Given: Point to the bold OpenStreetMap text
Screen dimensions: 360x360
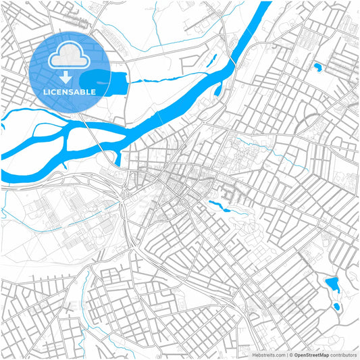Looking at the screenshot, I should [x=311, y=354].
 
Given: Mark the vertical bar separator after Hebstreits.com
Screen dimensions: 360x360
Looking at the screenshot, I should [x=286, y=354].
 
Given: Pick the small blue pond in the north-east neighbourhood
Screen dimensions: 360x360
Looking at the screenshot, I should [x=317, y=66].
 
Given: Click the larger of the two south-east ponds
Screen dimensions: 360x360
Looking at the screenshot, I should [x=332, y=282].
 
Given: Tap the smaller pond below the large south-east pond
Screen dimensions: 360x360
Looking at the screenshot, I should [x=336, y=307].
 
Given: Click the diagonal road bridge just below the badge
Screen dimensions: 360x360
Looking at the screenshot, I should [x=94, y=134].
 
